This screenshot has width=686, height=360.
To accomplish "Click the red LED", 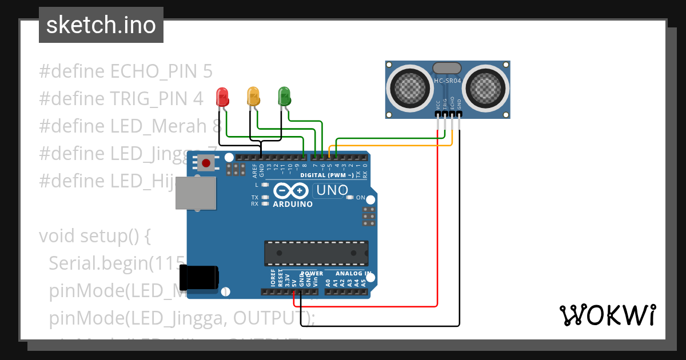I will (x=222, y=97).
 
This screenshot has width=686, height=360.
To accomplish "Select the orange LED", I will (x=253, y=95).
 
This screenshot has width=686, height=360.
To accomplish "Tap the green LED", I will (x=284, y=95).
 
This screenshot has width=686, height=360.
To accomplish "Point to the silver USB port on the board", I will (x=196, y=193).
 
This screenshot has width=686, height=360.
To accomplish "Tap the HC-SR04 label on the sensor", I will (x=447, y=81).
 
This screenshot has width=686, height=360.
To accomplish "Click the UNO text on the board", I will (x=332, y=190).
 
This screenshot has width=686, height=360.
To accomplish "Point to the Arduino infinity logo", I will (x=292, y=191).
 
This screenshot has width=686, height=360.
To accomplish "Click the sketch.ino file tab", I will (x=101, y=25).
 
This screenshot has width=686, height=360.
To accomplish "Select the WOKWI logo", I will (x=607, y=315).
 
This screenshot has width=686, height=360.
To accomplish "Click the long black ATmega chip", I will (x=316, y=253).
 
